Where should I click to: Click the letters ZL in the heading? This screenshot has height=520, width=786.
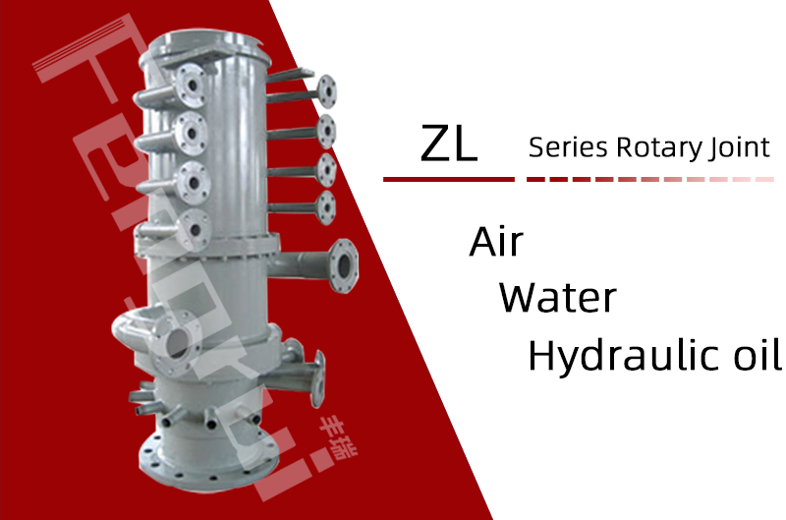(x=449, y=143)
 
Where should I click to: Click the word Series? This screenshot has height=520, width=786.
(x=568, y=147)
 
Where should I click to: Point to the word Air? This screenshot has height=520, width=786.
(x=496, y=242)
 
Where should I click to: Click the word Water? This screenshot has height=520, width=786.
(x=557, y=298)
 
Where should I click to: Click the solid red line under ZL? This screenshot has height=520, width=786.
(x=449, y=179)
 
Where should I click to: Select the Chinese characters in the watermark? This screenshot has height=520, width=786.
(x=338, y=437)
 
